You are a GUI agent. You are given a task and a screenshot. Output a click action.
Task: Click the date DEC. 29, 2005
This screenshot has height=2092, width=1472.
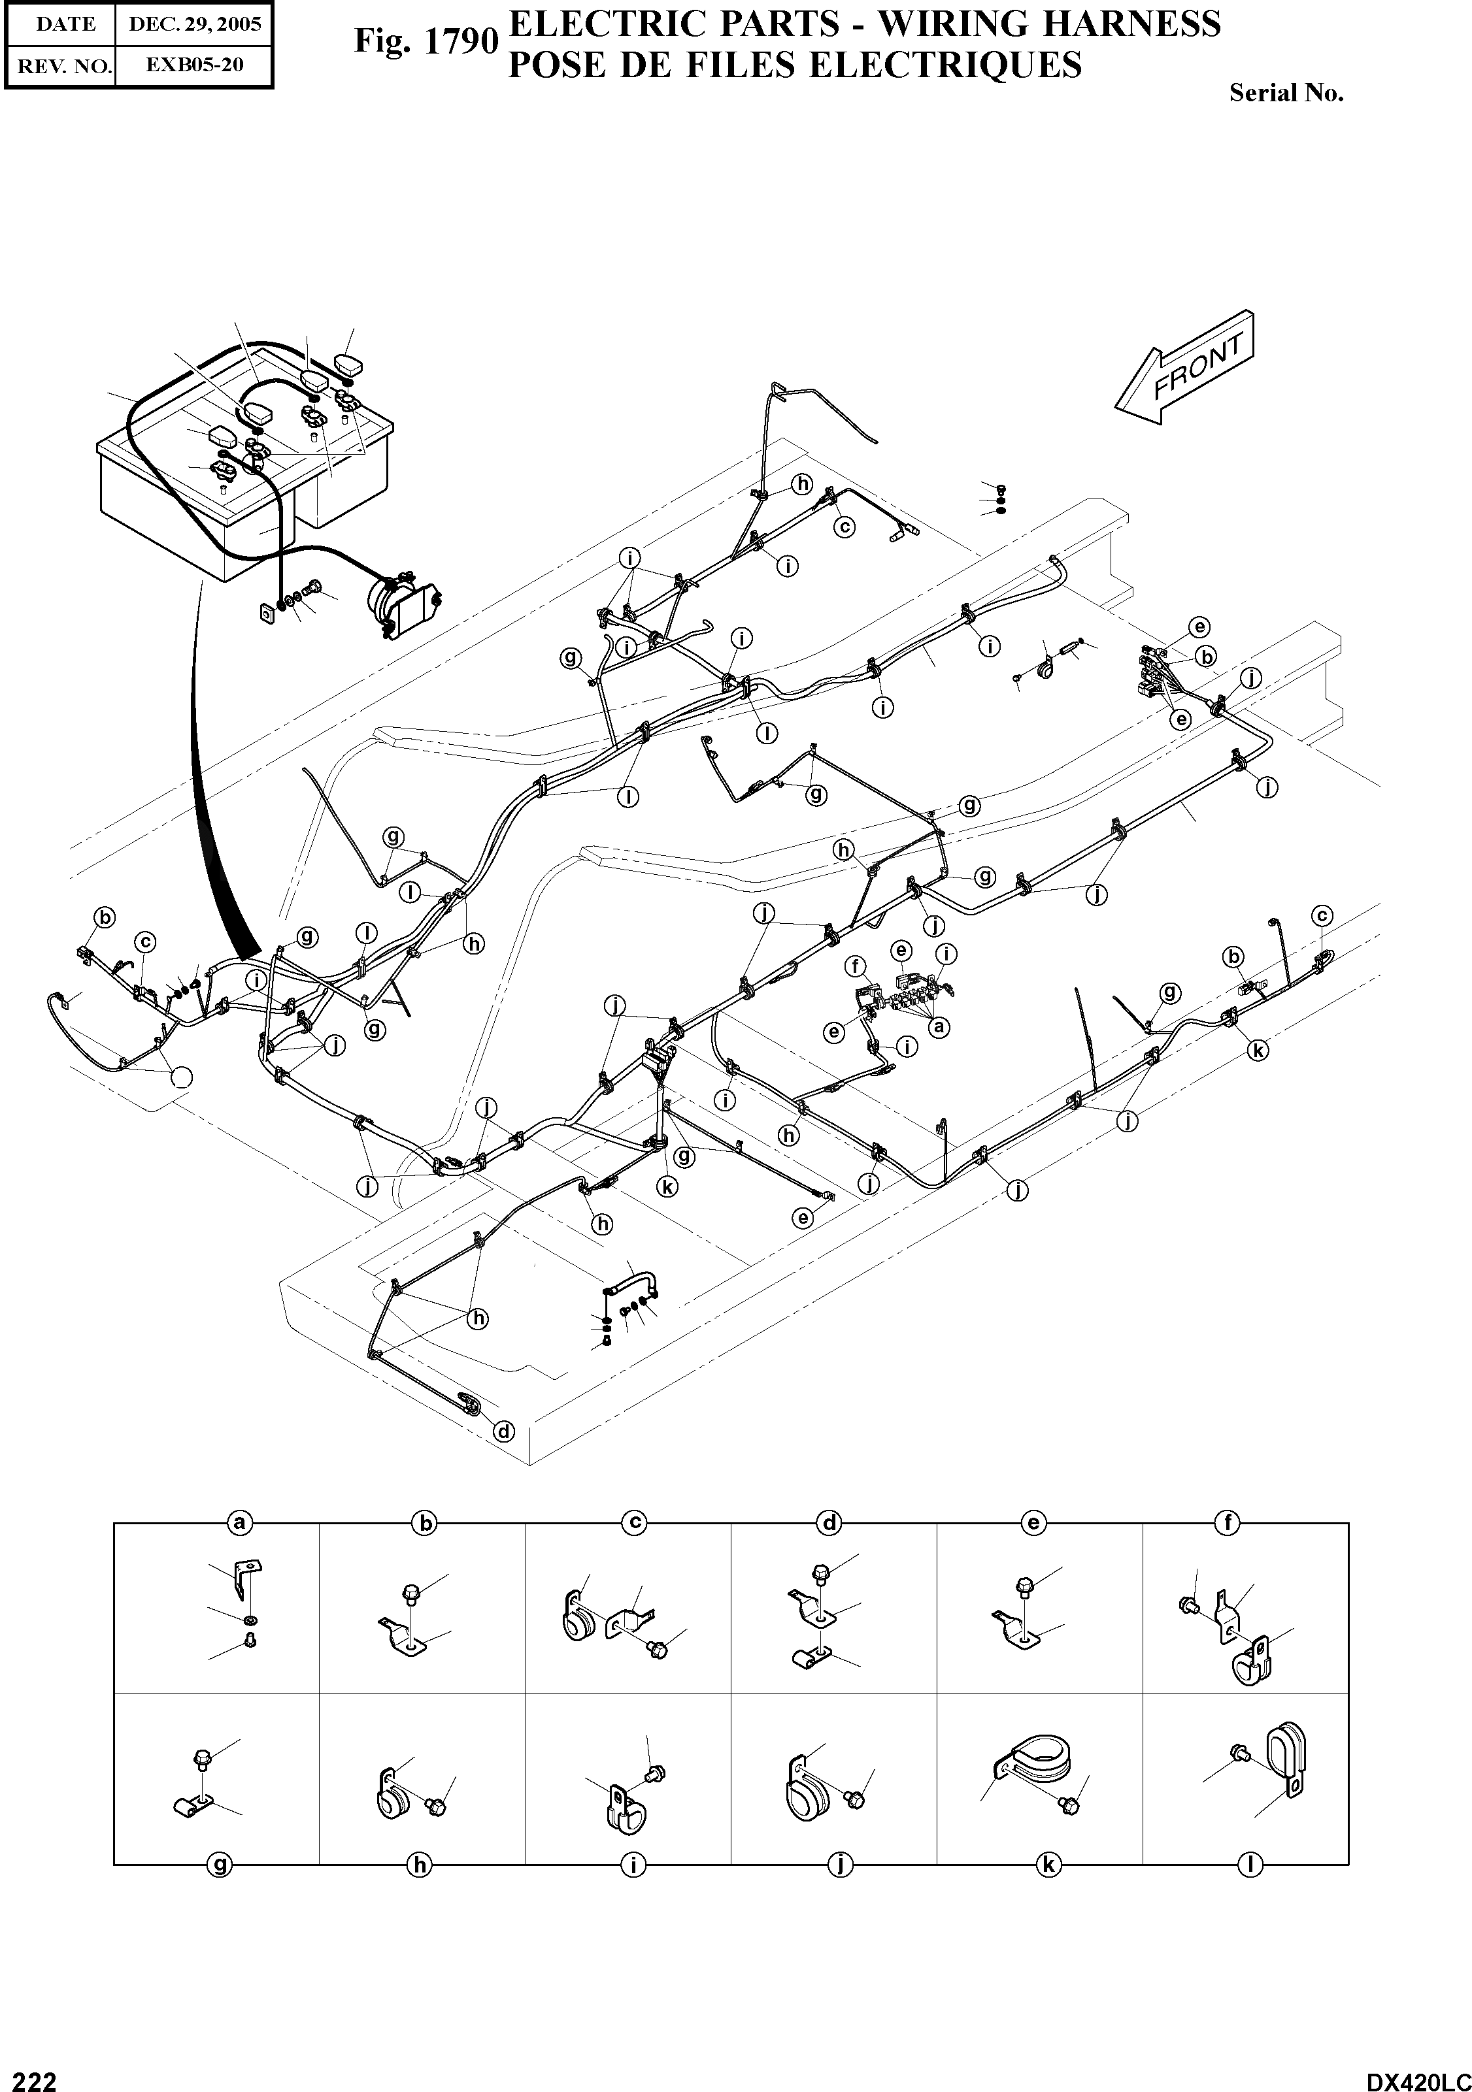click(194, 25)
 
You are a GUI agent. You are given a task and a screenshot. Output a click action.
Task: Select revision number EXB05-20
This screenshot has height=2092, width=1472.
click(194, 65)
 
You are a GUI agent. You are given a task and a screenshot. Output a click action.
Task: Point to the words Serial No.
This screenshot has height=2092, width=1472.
click(1286, 93)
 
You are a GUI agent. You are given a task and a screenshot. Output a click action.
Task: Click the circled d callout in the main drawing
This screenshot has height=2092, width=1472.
click(503, 1431)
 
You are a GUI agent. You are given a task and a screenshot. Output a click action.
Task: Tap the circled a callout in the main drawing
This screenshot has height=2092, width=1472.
click(939, 1027)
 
